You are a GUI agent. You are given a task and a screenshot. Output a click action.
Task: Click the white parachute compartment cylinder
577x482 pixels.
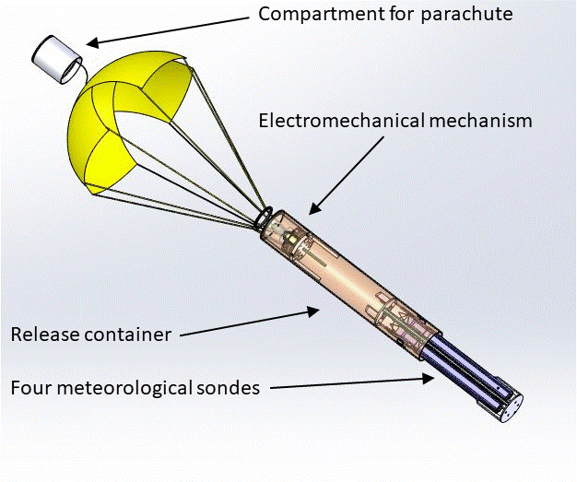pyautogui.click(x=56, y=59)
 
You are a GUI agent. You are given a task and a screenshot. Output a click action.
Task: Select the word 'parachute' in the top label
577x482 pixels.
pyautogui.click(x=466, y=15)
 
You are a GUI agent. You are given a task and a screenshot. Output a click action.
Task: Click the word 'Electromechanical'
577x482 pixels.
pyautogui.click(x=341, y=121)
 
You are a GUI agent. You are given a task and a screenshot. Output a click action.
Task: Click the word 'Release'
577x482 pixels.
pyautogui.click(x=45, y=335)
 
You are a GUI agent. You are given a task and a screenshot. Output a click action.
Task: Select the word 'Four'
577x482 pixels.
pyautogui.click(x=31, y=387)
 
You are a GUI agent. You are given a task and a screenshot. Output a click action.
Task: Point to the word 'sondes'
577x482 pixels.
pyautogui.click(x=226, y=387)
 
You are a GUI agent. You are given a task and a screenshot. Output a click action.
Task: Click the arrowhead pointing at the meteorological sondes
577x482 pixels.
pyautogui.click(x=428, y=379)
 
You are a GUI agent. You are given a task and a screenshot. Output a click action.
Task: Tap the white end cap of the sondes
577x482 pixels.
pyautogui.click(x=511, y=408)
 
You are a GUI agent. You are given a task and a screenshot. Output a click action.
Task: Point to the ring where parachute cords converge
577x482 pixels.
pyautogui.click(x=264, y=216)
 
